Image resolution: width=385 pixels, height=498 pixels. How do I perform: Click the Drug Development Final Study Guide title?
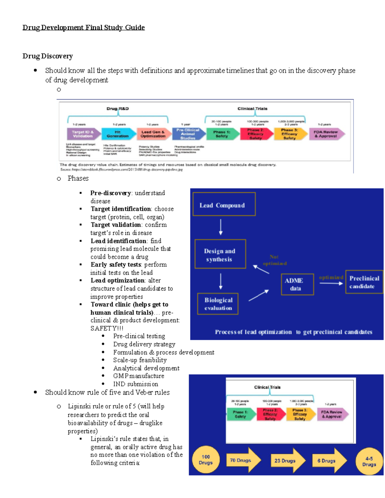[x=83, y=28]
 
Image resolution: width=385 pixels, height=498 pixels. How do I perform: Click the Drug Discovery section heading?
[x=47, y=56]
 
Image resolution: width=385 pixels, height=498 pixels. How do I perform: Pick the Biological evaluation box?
[x=218, y=304]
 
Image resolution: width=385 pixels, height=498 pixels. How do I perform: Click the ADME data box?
[x=297, y=284]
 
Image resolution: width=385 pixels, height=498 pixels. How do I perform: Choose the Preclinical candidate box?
[x=364, y=282]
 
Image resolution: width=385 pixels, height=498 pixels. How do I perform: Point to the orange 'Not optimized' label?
[x=275, y=260]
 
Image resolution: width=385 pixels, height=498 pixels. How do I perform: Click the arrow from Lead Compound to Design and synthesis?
[x=221, y=227]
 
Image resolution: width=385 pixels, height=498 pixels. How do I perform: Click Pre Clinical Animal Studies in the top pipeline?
[x=188, y=134]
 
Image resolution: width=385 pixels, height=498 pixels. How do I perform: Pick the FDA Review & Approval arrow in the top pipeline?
[x=326, y=134]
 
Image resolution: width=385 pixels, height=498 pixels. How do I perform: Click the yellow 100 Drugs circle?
[x=206, y=460]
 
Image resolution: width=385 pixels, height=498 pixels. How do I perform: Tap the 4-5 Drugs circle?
[x=369, y=461]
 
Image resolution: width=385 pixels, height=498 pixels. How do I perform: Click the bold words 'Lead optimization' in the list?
[x=118, y=280]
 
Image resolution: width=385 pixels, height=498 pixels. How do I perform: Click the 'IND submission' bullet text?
[x=135, y=384]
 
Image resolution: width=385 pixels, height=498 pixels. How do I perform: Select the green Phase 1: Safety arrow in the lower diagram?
[x=241, y=414]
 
